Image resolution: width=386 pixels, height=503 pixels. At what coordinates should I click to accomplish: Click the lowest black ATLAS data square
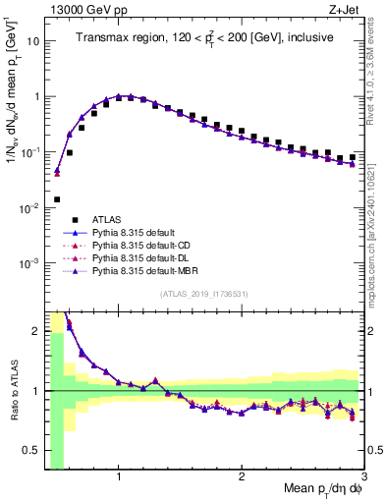tap(57, 199)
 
